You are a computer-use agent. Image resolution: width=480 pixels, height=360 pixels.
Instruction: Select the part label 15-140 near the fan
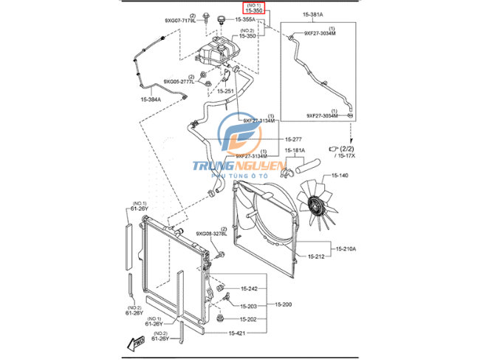point(339,175)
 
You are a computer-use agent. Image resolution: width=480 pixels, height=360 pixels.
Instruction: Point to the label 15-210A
point(343,249)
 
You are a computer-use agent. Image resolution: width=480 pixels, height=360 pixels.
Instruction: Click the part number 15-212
point(315,257)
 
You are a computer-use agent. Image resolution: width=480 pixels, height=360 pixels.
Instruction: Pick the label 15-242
point(248,288)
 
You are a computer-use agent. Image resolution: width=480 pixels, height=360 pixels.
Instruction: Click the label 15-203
point(248,305)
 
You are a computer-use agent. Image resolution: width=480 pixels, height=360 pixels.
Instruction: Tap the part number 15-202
point(248,319)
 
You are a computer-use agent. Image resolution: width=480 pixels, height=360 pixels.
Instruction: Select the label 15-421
point(236,333)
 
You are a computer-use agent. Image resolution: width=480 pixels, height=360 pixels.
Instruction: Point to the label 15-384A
point(151,98)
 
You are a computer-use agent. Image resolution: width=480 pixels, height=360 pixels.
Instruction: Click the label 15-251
point(225,91)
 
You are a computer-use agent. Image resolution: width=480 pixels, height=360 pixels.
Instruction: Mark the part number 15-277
point(272,140)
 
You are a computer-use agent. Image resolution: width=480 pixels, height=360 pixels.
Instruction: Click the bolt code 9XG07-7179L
point(179,21)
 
